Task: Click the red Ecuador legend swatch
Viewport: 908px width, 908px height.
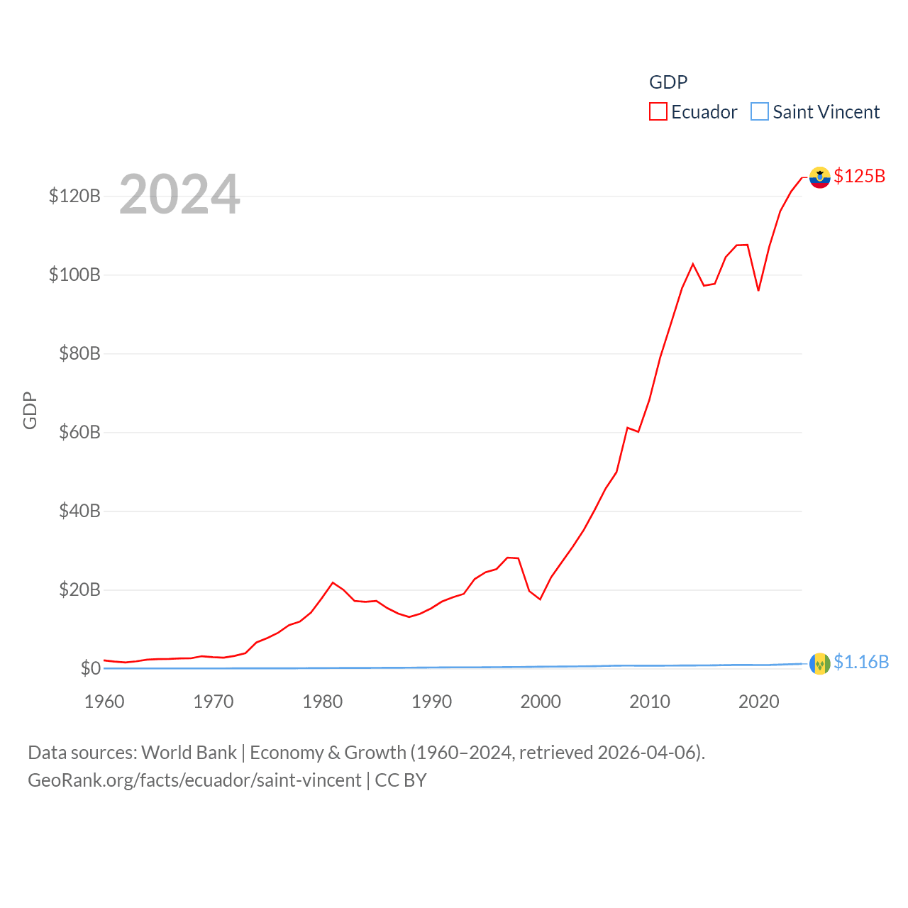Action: point(658,112)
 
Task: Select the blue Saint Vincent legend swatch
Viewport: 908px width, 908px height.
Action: point(759,112)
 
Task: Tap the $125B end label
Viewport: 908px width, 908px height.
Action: point(859,176)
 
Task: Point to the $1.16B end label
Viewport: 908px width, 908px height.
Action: point(860,662)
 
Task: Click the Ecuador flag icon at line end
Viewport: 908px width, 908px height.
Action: point(819,177)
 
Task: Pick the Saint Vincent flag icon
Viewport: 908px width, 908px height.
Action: point(819,663)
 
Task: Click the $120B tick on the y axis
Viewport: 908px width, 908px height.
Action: point(74,196)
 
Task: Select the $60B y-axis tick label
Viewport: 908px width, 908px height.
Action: point(79,432)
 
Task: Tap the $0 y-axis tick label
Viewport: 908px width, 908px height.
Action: point(90,668)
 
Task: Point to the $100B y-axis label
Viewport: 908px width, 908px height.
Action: point(74,275)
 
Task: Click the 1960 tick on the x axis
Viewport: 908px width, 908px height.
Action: point(104,702)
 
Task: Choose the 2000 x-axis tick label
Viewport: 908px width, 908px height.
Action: point(541,702)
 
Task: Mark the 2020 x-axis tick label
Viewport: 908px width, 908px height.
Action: point(759,702)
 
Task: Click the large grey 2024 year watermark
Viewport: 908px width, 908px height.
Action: point(179,194)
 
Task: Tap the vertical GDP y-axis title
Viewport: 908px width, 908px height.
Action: point(30,410)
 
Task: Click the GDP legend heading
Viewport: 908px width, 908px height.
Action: point(668,82)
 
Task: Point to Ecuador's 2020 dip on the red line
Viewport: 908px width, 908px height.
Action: point(758,290)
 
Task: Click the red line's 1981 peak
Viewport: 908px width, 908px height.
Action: point(333,582)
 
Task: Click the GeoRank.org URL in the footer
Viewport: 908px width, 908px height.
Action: point(194,780)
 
